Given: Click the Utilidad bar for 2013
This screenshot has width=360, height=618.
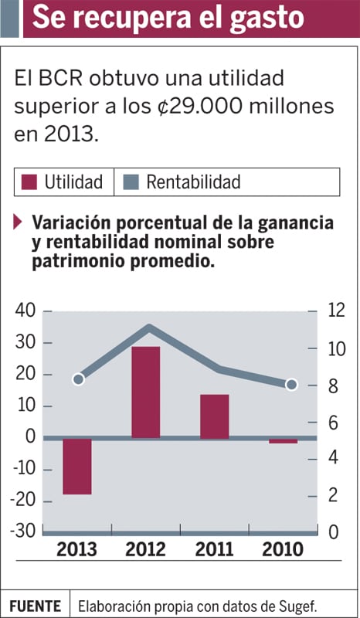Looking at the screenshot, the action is (77, 466).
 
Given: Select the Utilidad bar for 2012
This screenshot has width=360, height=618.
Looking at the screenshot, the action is (146, 392).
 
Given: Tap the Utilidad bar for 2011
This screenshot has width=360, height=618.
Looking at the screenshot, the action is (215, 416).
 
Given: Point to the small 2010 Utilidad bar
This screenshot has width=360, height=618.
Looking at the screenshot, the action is (283, 441).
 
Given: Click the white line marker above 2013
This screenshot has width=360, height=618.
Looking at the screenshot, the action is (79, 379).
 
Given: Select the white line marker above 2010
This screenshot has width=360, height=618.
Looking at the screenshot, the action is (291, 385).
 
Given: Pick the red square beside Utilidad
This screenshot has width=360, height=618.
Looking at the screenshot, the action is (29, 182).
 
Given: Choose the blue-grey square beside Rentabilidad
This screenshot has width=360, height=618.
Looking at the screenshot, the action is (131, 182).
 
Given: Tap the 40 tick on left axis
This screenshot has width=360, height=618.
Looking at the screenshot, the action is (25, 311).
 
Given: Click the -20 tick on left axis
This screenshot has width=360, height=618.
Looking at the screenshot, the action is (23, 501).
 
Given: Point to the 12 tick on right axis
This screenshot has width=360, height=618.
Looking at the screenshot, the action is (336, 311).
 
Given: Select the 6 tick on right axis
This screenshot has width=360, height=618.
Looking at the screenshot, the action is (333, 423).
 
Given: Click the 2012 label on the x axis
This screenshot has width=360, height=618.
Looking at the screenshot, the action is (145, 549).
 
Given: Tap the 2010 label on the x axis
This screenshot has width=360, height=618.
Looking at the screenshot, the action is (283, 549).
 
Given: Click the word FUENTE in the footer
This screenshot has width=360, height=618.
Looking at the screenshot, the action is (35, 606).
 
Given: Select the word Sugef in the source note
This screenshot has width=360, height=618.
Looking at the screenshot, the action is (300, 606).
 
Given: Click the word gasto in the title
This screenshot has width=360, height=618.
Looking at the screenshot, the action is (267, 18).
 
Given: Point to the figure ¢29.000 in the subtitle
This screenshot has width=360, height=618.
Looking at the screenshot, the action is (196, 106).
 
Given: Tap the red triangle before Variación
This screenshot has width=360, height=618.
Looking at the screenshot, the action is (18, 222).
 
